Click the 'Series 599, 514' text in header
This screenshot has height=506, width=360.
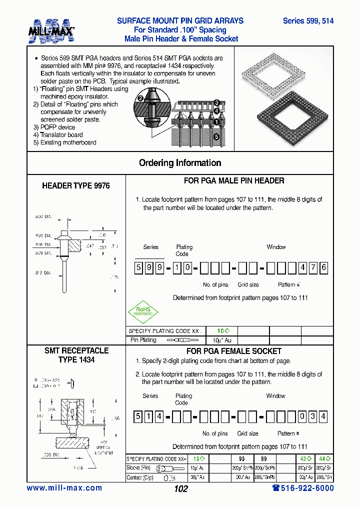pos(308,21)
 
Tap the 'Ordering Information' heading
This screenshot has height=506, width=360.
pos(180,163)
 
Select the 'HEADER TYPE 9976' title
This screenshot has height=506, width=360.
pos(76,185)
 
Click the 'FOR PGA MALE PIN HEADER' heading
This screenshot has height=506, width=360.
pos(234,181)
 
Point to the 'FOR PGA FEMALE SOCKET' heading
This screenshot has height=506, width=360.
pos(234,351)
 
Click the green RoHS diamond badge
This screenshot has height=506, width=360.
pos(143,310)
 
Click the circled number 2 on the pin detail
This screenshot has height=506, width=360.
pos(141,98)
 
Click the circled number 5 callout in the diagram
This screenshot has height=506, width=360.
pos(216,136)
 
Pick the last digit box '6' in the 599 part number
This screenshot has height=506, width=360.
pos(323,267)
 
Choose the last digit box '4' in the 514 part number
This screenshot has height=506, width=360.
pos(323,416)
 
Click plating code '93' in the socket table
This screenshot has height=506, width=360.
pos(242,459)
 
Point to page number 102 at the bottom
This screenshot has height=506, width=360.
pos(180,489)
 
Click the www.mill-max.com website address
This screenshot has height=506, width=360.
pos(64,488)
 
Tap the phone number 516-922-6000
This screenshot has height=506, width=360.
pos(303,488)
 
